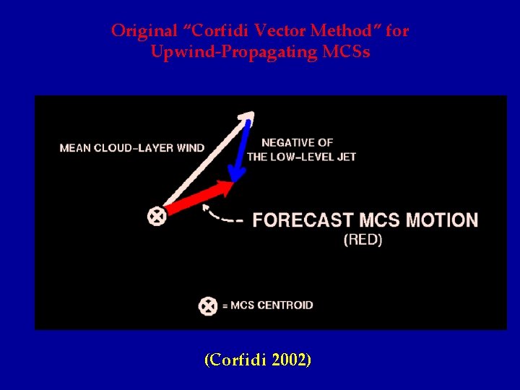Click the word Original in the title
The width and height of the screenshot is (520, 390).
[x=134, y=31]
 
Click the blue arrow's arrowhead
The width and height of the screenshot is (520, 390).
[x=235, y=174]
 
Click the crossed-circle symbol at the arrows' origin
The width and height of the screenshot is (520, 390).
[x=156, y=215]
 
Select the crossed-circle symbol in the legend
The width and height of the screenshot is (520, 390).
[x=207, y=305]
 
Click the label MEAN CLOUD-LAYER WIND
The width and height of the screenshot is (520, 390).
[x=132, y=148]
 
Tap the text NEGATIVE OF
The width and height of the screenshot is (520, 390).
[x=297, y=143]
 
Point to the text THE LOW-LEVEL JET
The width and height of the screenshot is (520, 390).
[x=301, y=157]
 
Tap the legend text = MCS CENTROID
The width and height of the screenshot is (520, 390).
[x=267, y=305]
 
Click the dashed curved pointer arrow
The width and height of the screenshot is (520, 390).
[x=220, y=215]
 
